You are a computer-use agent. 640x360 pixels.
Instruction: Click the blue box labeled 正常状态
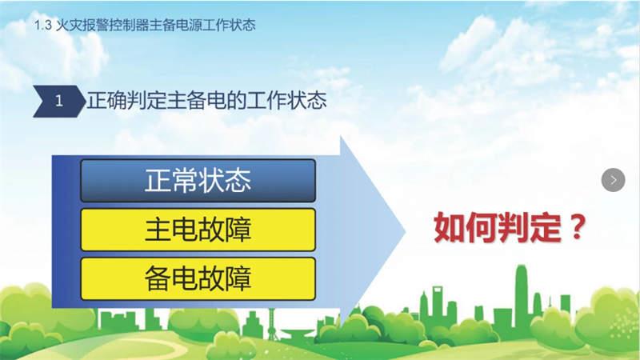pos(198,181)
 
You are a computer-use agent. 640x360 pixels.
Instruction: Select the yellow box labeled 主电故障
pos(198,230)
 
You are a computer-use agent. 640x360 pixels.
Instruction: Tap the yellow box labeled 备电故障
pos(198,278)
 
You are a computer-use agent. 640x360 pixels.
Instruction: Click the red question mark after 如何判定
pos(578,227)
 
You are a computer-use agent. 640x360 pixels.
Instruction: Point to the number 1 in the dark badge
pos(58,101)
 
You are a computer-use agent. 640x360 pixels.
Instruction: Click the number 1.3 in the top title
pos(43,26)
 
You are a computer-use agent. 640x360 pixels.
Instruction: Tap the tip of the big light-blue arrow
pos(406,232)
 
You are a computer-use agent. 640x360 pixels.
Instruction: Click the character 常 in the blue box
pos(185,181)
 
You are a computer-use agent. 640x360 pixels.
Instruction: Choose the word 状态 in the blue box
pos(225,181)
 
